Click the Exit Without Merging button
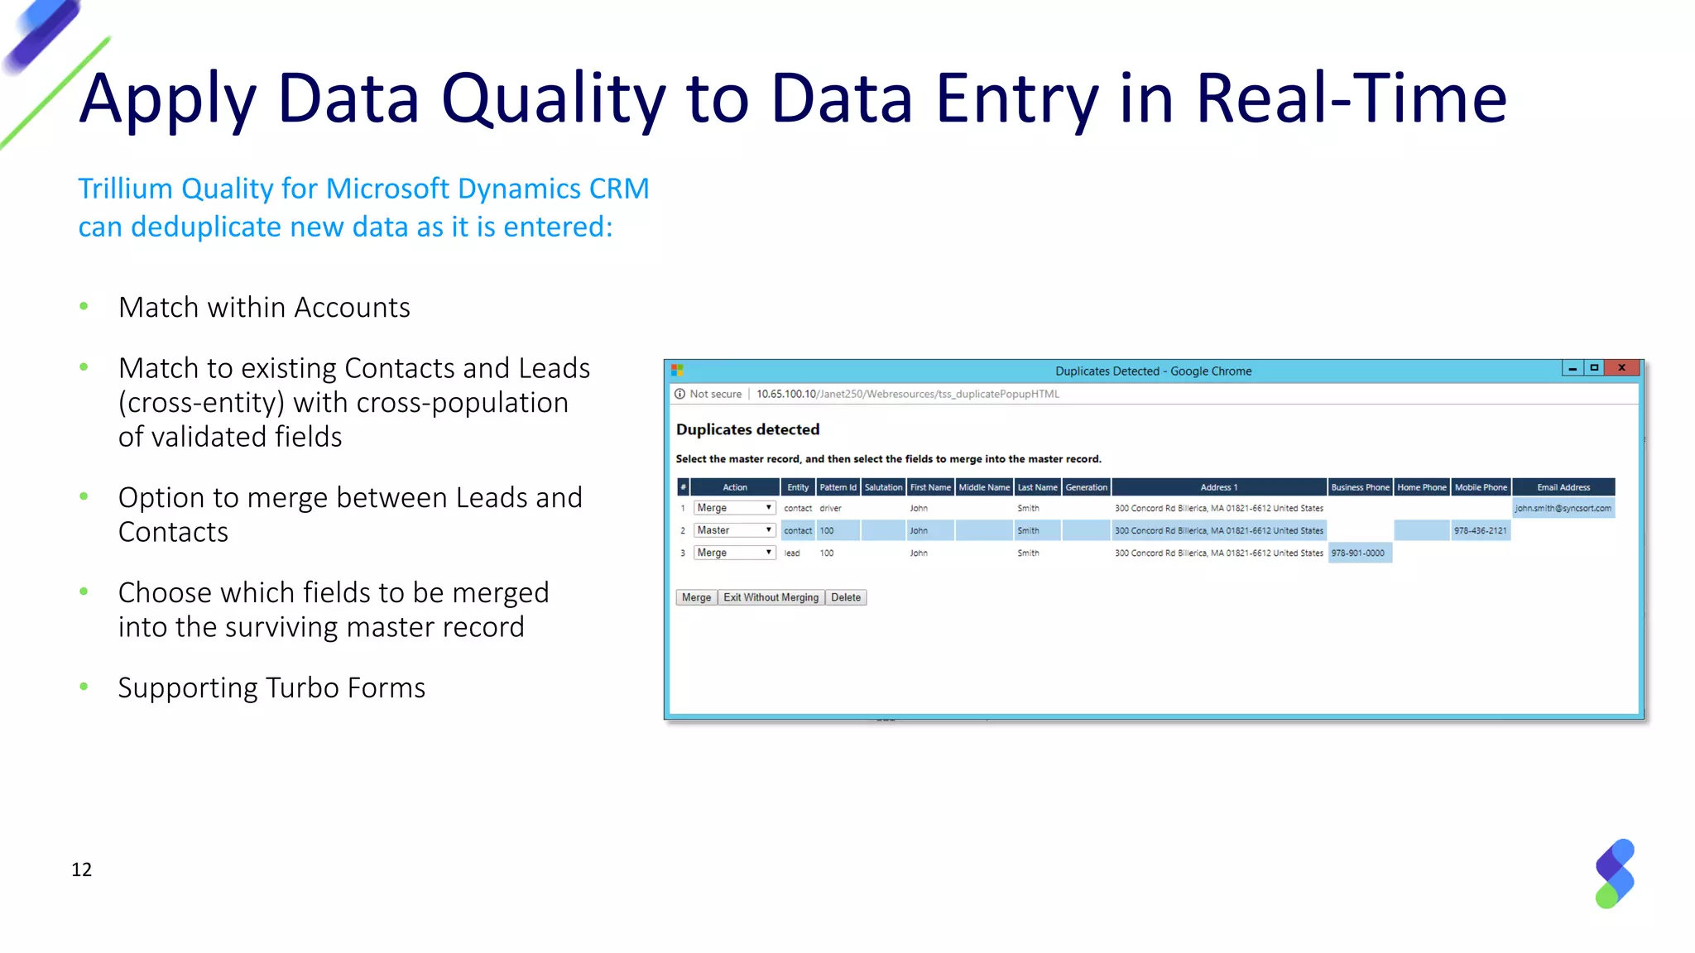pos(771,597)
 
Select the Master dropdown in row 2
pos(734,530)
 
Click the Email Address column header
pos(1563,487)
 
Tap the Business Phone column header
pos(1360,487)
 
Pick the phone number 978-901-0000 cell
pos(1358,553)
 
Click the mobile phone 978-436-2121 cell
pos(1481,530)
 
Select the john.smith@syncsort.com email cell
pos(1563,508)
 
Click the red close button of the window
pos(1621,368)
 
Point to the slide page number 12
pos(82,869)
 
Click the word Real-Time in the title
pos(1351,98)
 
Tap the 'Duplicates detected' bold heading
pos(747,429)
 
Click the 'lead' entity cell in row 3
pos(792,553)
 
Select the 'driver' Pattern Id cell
pos(830,508)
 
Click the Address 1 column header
pos(1219,487)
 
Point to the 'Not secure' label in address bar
pos(715,394)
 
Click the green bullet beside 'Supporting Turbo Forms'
pos(84,687)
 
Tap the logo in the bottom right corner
pos(1615,874)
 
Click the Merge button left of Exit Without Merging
pos(696,597)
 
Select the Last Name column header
pos(1037,487)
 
